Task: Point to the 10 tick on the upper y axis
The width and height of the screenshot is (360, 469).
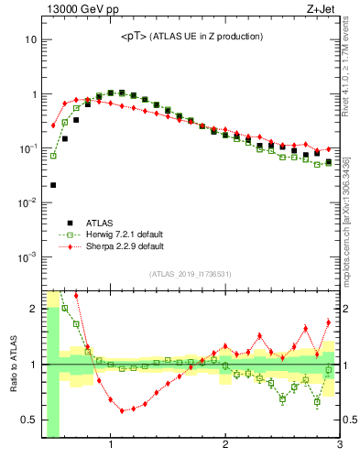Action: pyautogui.click(x=29, y=40)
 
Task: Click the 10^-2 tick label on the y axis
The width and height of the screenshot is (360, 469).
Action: pyautogui.click(x=27, y=202)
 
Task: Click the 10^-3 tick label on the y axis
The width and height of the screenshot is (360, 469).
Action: pyautogui.click(x=27, y=256)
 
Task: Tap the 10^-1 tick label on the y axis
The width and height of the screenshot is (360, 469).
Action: pyautogui.click(x=27, y=148)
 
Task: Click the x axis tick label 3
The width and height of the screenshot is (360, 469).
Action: pyautogui.click(x=339, y=445)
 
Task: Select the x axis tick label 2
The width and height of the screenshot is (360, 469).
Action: pyautogui.click(x=225, y=445)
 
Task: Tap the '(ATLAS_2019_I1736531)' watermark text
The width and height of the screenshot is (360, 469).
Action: pyautogui.click(x=191, y=274)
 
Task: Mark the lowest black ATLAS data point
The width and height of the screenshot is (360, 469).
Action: pyautogui.click(x=53, y=185)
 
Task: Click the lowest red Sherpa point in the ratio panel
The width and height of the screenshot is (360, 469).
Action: pyautogui.click(x=122, y=411)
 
